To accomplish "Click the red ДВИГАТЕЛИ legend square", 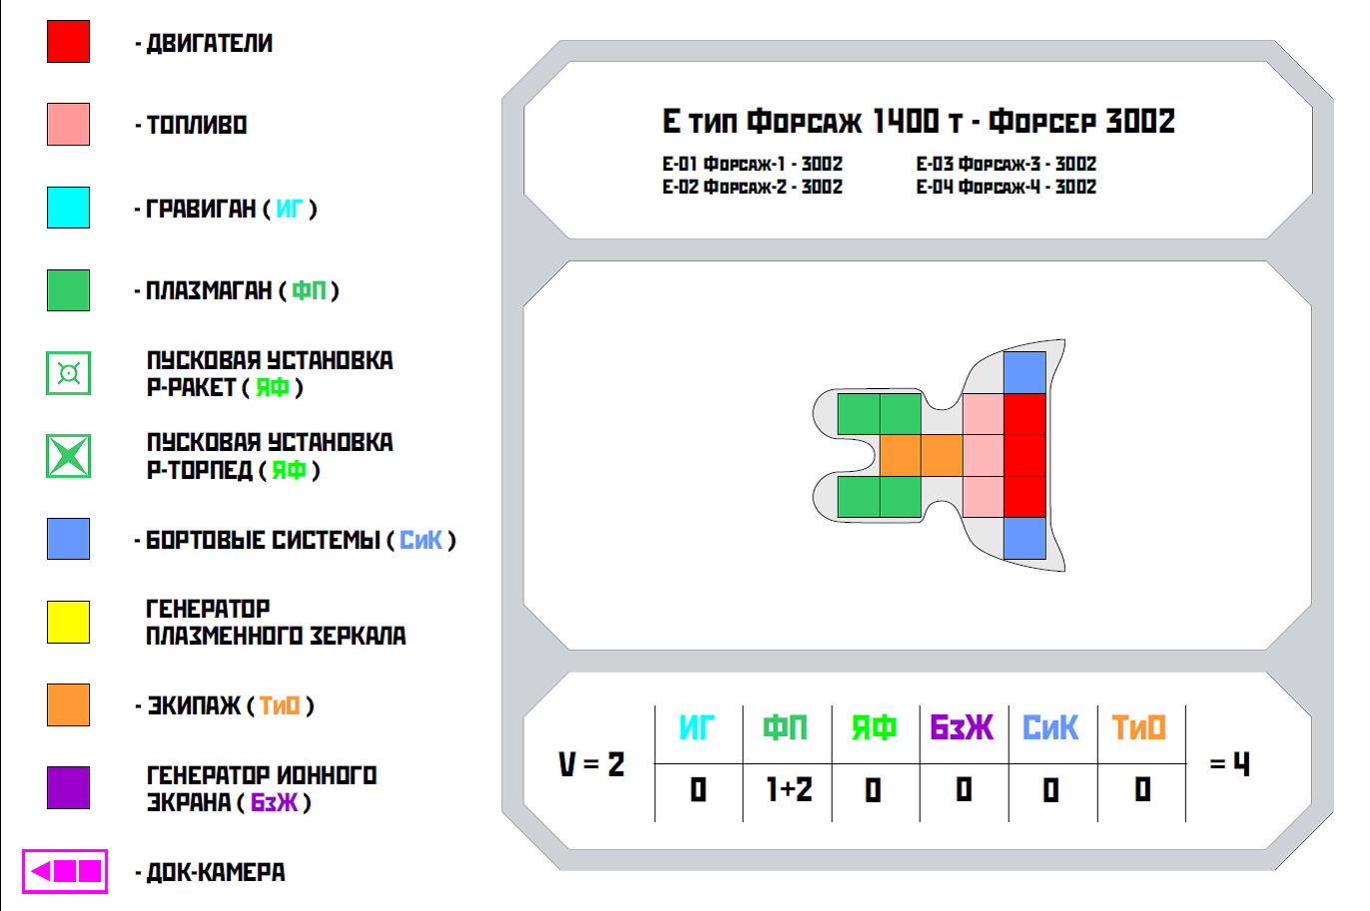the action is pos(69,42).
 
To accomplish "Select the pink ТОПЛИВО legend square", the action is pos(69,124).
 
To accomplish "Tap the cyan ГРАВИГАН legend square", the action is pos(69,208).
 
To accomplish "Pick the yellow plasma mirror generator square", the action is pos(69,622).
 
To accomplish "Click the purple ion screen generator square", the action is pos(69,787).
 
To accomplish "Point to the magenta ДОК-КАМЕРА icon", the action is pos(65,871).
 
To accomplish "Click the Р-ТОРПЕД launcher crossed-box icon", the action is pos(69,456).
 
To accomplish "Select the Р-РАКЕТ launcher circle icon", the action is pos(69,373).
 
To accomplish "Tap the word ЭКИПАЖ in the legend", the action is pos(194,705).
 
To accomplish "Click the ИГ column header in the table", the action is pos(697,727).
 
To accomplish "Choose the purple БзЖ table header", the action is pos(962,727).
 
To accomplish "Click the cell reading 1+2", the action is pos(789,789).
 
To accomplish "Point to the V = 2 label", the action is pos(591,763).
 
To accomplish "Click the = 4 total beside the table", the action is pos(1230,763).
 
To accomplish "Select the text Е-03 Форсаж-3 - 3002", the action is pos(1007,164).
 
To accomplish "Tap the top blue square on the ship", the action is pos(1025,373).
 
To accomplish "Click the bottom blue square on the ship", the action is pos(1025,538).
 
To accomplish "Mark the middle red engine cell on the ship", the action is pos(1025,455).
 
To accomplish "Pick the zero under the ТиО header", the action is pos(1142,789).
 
